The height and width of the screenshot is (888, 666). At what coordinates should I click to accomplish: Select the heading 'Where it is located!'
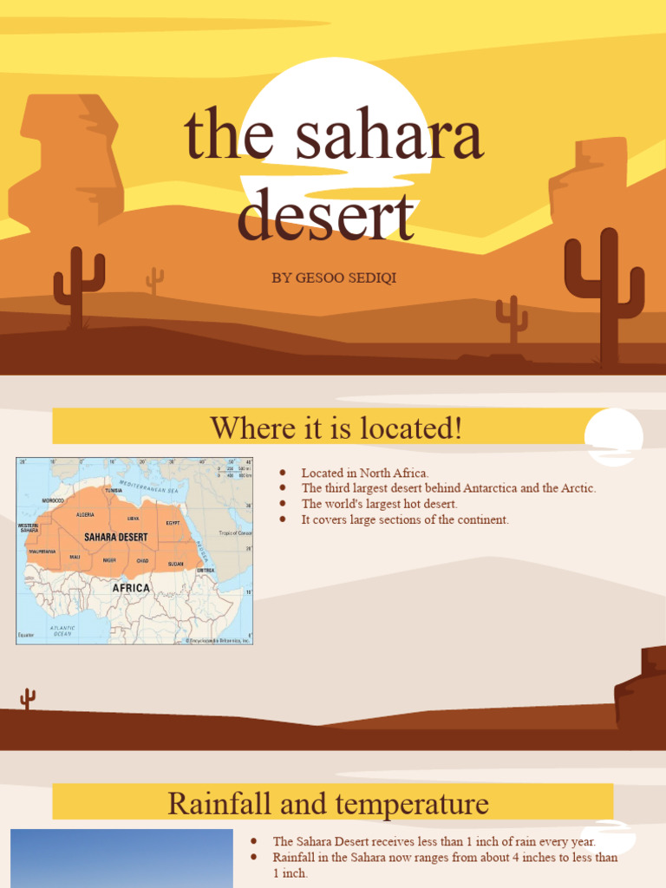coord(336,428)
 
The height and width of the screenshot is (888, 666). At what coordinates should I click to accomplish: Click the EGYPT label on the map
coord(173,523)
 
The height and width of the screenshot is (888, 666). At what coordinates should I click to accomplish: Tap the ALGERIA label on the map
coord(85,514)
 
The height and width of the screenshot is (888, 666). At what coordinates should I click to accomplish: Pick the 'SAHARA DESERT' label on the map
coord(115,538)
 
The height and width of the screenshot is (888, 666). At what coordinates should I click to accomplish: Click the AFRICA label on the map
coord(132,588)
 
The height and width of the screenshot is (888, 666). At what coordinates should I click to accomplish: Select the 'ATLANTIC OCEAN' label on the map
coord(62,630)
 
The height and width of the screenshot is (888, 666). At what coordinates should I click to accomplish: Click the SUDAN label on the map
coord(175,564)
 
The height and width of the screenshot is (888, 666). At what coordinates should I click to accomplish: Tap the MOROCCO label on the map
coord(53,501)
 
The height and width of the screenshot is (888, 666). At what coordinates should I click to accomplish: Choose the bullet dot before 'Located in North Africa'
coord(283,473)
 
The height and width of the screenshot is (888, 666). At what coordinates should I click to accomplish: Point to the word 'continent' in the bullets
coord(481,519)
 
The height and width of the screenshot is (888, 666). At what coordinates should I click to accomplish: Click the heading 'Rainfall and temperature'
coord(328,803)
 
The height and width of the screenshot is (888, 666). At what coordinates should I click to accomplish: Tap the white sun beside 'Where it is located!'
coord(613,436)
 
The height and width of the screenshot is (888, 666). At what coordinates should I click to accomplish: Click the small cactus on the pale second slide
coord(28,698)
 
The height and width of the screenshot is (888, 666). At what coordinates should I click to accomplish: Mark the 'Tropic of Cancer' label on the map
coord(234,533)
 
